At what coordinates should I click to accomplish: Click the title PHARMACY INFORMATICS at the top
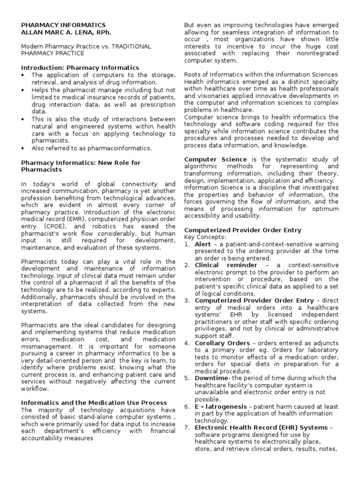coord(64,25)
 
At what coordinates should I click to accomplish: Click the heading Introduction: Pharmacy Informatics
coord(80,68)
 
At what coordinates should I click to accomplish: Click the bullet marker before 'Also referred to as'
coord(24,148)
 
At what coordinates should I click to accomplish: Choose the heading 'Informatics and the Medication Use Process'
coord(94,403)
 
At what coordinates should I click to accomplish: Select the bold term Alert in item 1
coord(202,244)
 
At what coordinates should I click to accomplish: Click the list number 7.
coord(187,427)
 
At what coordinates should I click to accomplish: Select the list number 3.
coord(187,300)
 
